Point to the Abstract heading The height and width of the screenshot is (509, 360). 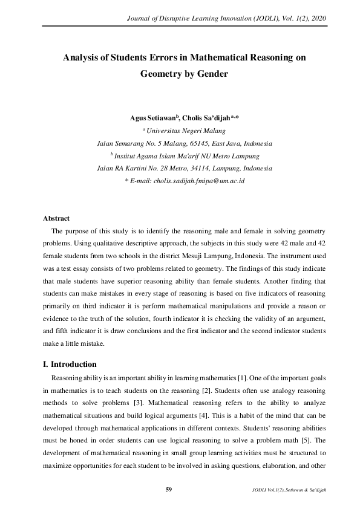(56, 218)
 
